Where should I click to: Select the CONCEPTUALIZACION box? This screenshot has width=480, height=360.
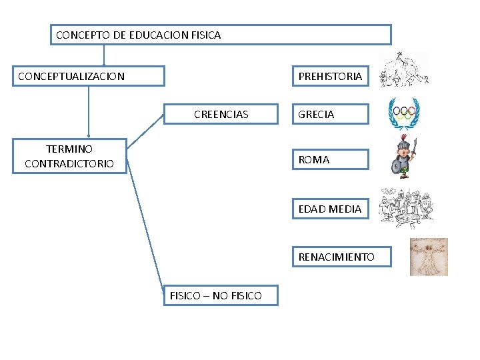tap(89, 76)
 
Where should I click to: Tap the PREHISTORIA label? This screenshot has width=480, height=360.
tap(330, 76)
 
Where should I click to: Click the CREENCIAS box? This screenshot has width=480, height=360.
tap(221, 114)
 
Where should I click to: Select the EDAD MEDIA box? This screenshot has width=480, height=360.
tap(330, 209)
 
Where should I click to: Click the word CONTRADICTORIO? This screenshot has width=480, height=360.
tap(69, 163)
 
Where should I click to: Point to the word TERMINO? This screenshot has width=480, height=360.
tap(69, 149)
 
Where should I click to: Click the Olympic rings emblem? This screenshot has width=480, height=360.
tap(404, 113)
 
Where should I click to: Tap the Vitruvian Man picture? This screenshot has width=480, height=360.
tap(429, 257)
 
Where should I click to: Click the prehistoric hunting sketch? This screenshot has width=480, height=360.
tap(403, 70)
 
